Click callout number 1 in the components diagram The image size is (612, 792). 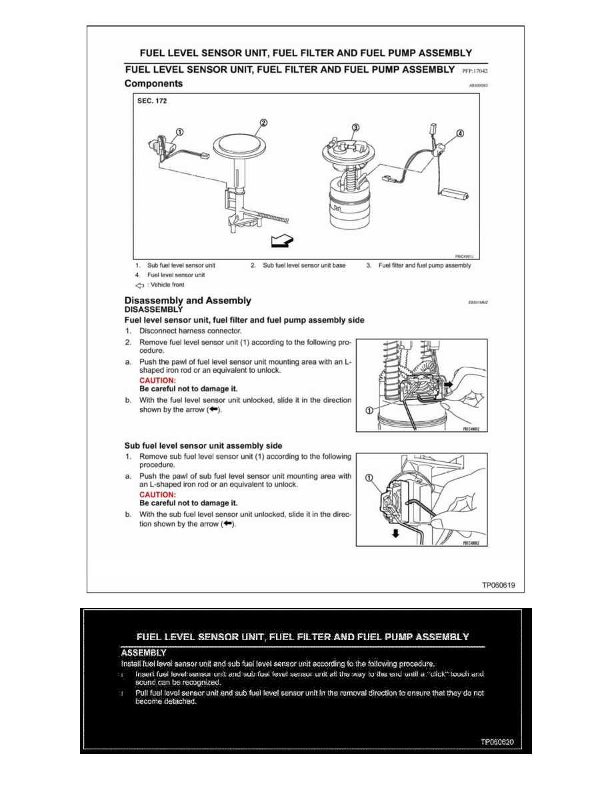180,131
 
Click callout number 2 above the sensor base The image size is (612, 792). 263,123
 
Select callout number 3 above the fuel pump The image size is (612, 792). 355,127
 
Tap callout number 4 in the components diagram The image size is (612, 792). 460,133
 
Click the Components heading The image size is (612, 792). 153,84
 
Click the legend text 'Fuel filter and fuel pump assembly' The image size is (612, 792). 425,265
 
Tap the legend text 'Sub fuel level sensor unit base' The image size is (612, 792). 304,265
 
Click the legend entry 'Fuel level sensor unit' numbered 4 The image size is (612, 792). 176,275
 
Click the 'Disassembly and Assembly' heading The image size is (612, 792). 188,301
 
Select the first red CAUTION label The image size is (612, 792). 157,380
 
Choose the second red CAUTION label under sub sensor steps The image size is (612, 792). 157,495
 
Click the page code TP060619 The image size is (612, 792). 499,585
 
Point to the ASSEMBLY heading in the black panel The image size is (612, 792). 143,653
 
